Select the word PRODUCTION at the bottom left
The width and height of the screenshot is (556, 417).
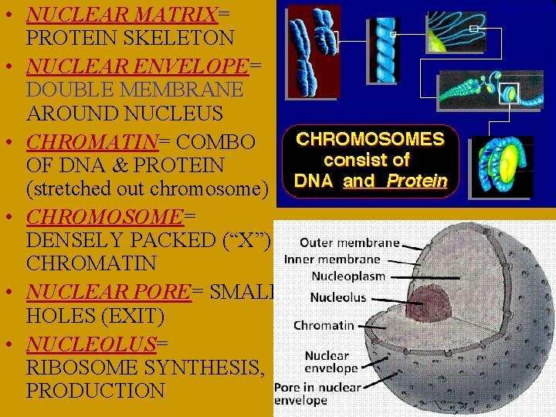95,391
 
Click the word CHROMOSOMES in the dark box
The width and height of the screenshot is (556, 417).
371,140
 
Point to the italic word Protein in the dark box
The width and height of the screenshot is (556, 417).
417,181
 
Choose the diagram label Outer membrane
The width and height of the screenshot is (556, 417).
349,242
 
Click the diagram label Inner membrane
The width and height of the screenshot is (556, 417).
332,259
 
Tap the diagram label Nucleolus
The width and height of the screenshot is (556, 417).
338,297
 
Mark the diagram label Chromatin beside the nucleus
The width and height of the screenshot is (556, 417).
324,325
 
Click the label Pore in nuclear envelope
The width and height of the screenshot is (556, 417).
317,393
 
